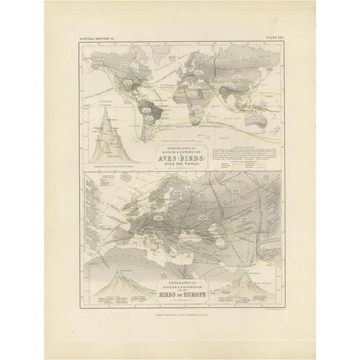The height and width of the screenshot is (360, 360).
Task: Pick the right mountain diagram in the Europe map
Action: click(250, 283)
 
